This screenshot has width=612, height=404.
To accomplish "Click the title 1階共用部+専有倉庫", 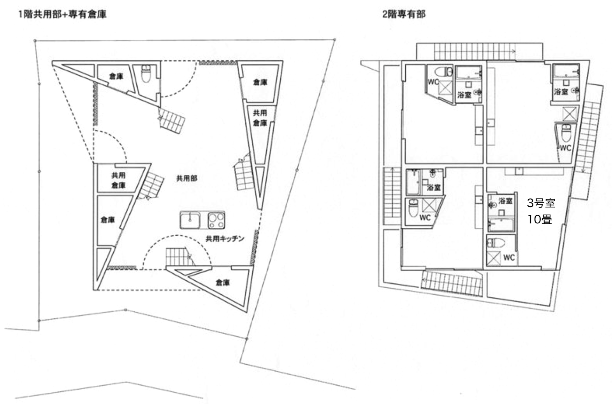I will (x=62, y=15).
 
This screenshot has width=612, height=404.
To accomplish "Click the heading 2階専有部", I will (x=403, y=15).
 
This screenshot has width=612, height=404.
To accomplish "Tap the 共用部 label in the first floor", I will (x=187, y=179).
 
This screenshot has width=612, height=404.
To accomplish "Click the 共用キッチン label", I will (x=225, y=239).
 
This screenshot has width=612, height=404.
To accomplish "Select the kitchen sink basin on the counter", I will (x=190, y=220).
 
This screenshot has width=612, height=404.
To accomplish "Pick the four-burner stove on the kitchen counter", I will (x=216, y=220).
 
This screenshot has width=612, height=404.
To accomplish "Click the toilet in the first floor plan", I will (x=146, y=74).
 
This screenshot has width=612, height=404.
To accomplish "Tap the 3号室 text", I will (x=541, y=203).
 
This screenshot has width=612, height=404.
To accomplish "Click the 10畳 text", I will (x=540, y=220).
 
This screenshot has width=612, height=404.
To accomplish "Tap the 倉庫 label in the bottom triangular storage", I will (x=223, y=283).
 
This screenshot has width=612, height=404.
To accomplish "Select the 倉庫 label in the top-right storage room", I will (x=260, y=82).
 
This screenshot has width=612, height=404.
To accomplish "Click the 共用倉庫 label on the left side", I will (x=118, y=180).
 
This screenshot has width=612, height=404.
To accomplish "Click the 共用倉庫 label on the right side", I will (x=260, y=118).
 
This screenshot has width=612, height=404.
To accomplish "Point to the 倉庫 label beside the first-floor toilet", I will (x=116, y=76).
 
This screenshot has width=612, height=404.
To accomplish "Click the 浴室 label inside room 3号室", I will (x=505, y=201).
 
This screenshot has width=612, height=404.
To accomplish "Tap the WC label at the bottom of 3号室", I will (x=508, y=258).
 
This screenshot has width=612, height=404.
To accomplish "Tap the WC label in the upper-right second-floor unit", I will (x=565, y=148).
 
